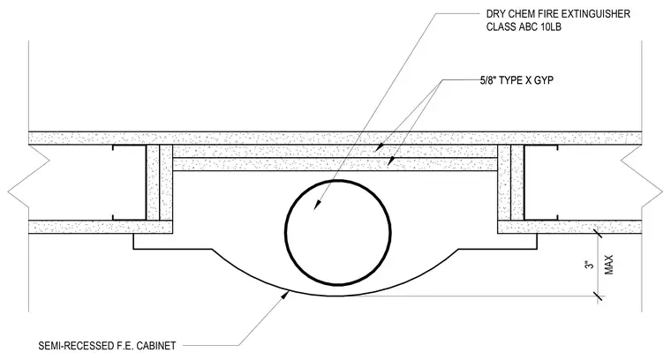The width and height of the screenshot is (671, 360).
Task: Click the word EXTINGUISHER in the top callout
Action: (595, 14)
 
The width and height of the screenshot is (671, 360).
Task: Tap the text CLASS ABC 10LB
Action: (524, 27)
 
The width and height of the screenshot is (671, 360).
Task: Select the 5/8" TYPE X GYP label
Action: (516, 80)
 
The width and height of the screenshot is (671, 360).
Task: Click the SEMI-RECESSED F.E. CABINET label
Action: (107, 346)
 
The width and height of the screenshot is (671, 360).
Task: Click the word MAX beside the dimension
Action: (609, 265)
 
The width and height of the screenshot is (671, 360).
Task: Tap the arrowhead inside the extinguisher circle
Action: (317, 205)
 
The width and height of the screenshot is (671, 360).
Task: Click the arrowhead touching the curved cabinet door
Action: (283, 296)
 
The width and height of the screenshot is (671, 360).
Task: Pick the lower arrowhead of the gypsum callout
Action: (390, 161)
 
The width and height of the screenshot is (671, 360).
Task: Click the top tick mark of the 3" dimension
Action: (598, 234)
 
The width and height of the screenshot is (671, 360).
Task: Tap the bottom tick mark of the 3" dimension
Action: (598, 296)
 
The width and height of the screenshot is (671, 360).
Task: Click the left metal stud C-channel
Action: (129, 183)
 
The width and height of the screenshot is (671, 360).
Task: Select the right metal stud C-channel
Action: (541, 183)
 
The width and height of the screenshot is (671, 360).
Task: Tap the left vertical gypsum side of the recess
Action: (160, 183)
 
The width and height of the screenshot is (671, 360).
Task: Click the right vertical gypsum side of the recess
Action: (510, 183)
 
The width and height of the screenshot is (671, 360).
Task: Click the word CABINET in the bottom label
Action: (156, 346)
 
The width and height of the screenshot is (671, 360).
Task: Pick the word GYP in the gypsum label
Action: (544, 80)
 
